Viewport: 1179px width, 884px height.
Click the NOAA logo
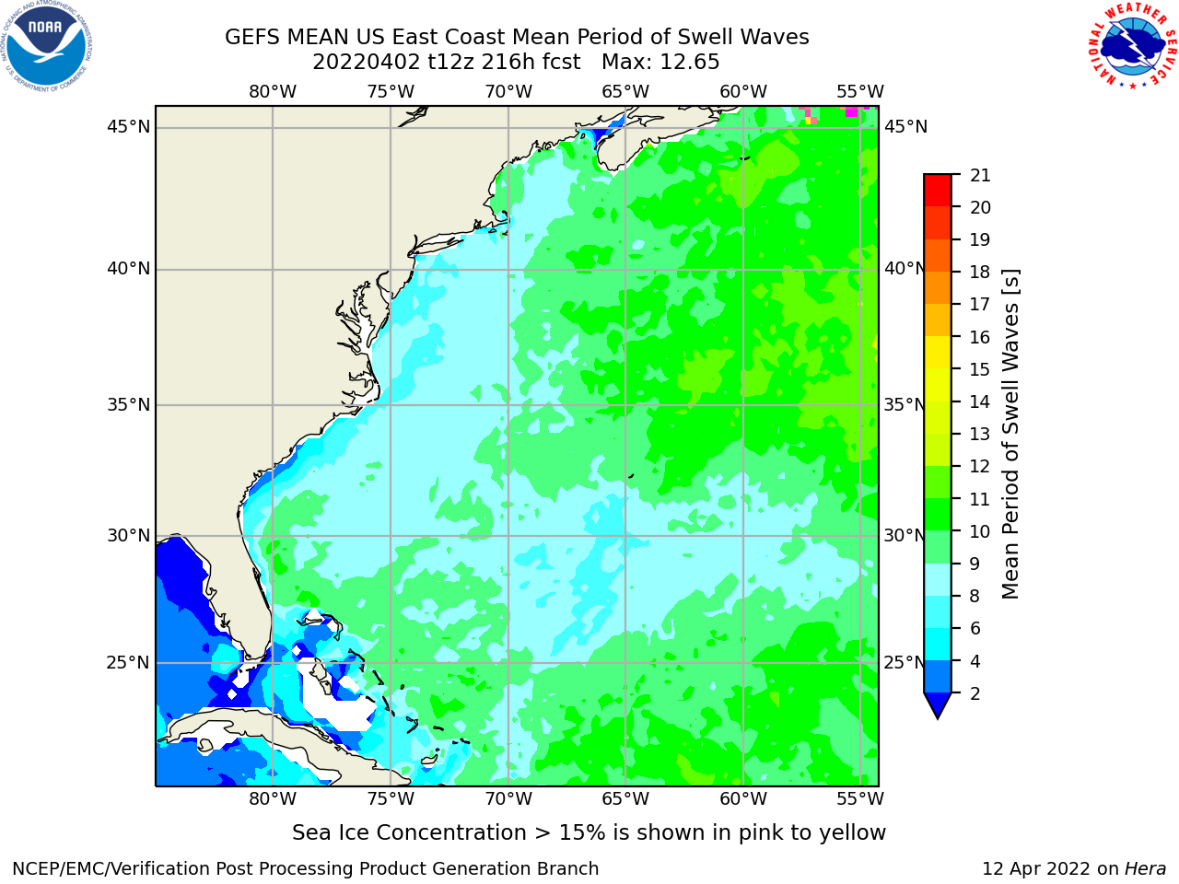pyautogui.click(x=46, y=46)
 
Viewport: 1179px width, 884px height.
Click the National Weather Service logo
pyautogui.click(x=1132, y=45)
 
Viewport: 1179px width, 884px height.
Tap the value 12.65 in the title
pyautogui.click(x=689, y=63)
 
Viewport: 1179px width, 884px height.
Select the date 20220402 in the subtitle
pyautogui.click(x=366, y=63)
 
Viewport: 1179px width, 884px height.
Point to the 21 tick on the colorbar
pyautogui.click(x=980, y=176)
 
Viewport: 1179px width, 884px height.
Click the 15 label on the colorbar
pyautogui.click(x=980, y=370)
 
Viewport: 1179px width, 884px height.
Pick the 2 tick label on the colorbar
pyautogui.click(x=975, y=694)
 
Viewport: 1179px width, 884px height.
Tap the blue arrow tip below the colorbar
pyautogui.click(x=938, y=718)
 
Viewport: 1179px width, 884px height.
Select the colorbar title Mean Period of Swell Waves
pyautogui.click(x=1010, y=435)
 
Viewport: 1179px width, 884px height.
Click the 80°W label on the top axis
pyautogui.click(x=273, y=92)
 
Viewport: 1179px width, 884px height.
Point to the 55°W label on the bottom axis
pyautogui.click(x=860, y=799)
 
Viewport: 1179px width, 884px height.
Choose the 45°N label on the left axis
pyautogui.click(x=128, y=127)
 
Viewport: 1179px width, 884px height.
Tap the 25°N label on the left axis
pyautogui.click(x=128, y=663)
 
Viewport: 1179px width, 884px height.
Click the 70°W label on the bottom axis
pyautogui.click(x=508, y=799)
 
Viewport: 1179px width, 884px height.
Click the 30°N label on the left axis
pyautogui.click(x=128, y=536)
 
